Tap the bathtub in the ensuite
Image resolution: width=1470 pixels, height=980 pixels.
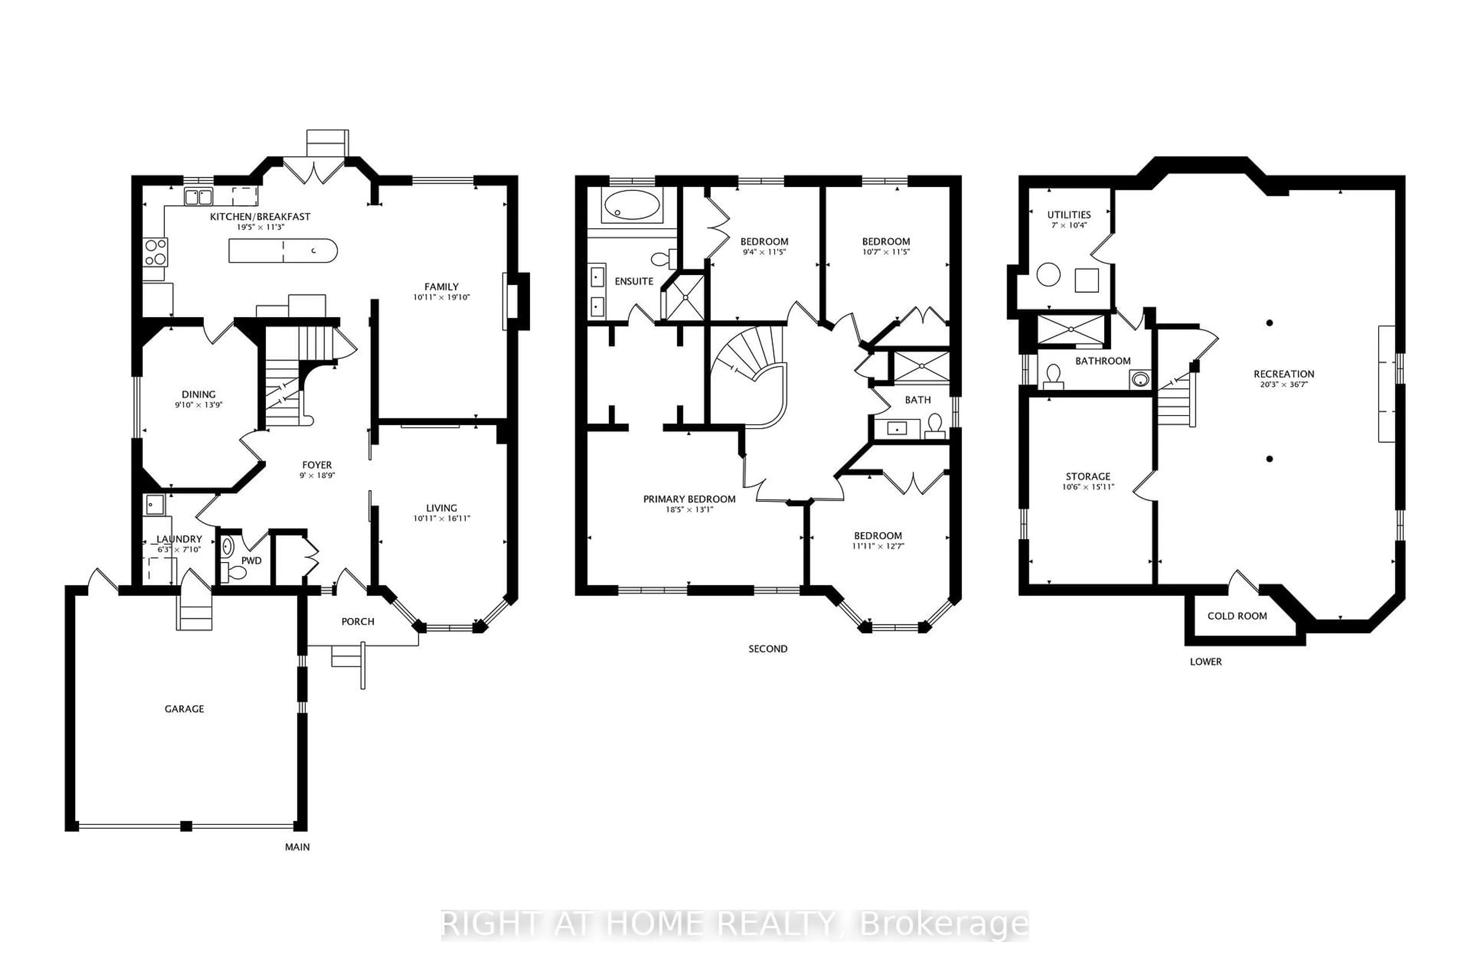[x=632, y=205]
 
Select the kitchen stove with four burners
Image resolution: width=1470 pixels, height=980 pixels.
[x=156, y=252]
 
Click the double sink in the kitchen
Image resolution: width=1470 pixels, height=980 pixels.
[x=198, y=197]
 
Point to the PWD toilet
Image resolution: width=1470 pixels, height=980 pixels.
[x=236, y=571]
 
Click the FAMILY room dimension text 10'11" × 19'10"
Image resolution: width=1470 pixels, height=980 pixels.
[x=441, y=297]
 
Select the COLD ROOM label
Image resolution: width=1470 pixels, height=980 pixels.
[x=1237, y=616]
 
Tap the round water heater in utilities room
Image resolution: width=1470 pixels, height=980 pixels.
[x=1048, y=275]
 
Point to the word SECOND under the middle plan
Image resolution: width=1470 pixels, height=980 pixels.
[x=768, y=649]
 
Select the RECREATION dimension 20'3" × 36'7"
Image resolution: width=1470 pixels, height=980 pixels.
[x=1284, y=384]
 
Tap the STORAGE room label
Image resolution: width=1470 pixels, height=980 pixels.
[x=1088, y=476]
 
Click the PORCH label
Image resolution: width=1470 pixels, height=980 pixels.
[x=358, y=621]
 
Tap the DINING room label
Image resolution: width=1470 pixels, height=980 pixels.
[x=198, y=394]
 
